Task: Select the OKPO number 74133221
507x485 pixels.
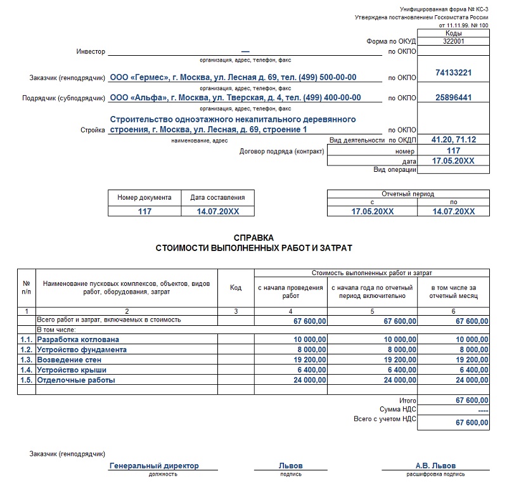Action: coord(453,73)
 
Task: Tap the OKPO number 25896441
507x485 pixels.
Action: coord(453,98)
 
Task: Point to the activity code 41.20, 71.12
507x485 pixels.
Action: coord(453,139)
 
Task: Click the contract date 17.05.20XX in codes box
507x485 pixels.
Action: coord(453,161)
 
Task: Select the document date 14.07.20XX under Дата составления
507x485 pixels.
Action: coord(217,212)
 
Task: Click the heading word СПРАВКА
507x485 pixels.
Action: coord(253,238)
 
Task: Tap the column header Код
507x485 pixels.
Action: coord(236,288)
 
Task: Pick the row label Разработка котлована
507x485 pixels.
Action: coord(78,340)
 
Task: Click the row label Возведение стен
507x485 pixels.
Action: coord(70,359)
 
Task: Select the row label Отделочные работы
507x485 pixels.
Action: coord(76,380)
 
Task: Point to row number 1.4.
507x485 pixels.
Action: coord(26,370)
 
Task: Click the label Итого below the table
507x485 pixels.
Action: coord(408,401)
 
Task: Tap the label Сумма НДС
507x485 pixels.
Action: coord(398,410)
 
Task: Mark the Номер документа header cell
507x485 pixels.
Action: coord(144,198)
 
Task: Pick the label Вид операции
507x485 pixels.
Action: coord(395,169)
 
